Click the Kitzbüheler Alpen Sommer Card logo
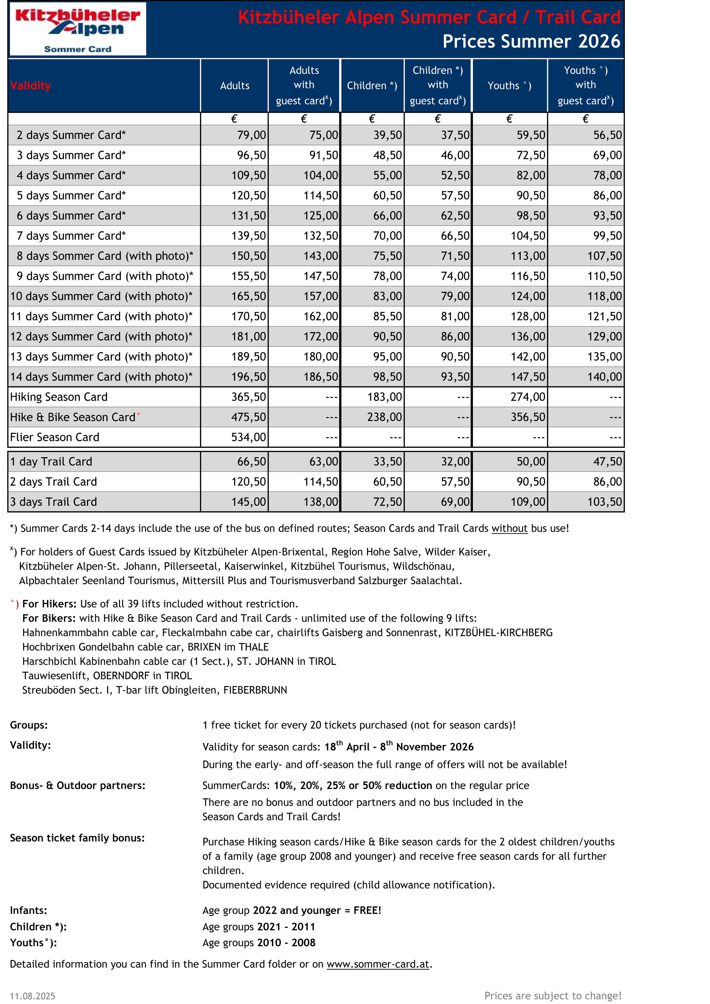click(78, 29)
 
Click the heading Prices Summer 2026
click(531, 42)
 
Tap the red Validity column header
click(31, 86)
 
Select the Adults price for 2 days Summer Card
click(251, 135)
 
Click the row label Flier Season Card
click(55, 437)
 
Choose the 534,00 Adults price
click(248, 437)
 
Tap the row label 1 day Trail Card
click(51, 462)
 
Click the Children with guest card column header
click(437, 85)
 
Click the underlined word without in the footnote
click(509, 528)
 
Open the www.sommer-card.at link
click(378, 964)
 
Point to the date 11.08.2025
click(32, 996)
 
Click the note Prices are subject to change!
click(553, 996)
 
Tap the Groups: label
click(29, 725)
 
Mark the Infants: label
click(28, 910)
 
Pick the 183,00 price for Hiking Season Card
click(384, 397)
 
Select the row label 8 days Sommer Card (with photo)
click(105, 256)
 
